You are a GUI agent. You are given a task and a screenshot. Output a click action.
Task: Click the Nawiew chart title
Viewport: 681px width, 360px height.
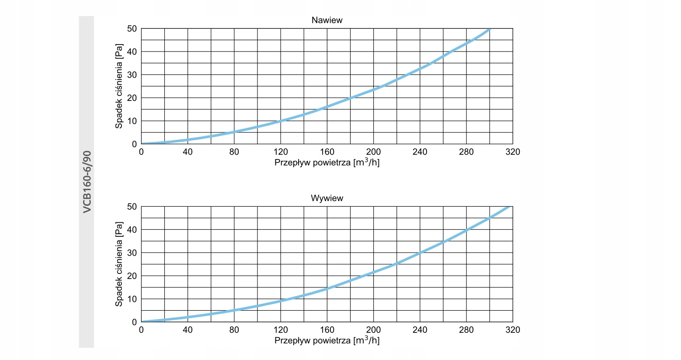(x=327, y=20)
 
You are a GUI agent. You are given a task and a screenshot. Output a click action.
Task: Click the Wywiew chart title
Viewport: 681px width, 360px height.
(x=327, y=198)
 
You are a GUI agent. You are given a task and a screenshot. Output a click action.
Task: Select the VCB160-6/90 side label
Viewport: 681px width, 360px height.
(x=87, y=182)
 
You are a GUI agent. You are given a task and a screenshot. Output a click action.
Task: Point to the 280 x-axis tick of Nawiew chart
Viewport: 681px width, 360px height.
(x=466, y=152)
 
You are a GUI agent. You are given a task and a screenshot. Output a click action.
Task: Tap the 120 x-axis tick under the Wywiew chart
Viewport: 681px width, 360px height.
(x=281, y=330)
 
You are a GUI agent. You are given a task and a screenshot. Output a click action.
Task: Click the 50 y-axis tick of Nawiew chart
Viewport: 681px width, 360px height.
(x=132, y=29)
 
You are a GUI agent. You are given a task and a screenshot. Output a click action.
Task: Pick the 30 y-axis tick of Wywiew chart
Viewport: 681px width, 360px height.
(x=132, y=253)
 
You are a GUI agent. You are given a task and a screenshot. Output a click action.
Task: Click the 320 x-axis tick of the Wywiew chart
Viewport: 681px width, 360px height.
(x=512, y=330)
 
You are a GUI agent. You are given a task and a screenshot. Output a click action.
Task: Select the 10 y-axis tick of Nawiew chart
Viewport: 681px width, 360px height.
(x=132, y=121)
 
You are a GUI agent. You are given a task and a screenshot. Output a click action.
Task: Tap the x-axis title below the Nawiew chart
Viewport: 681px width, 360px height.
(x=327, y=163)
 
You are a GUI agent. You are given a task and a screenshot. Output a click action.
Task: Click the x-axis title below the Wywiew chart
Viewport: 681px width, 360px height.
(x=327, y=340)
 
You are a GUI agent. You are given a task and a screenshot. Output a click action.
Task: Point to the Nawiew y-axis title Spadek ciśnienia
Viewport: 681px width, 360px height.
(x=119, y=86)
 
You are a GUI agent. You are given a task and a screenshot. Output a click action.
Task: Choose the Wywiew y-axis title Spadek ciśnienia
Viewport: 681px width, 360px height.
(x=119, y=264)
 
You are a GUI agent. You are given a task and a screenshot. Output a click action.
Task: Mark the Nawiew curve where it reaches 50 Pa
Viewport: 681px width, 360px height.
(x=490, y=29)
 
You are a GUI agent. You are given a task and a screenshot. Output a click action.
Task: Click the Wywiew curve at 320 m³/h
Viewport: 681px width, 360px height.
(x=510, y=207)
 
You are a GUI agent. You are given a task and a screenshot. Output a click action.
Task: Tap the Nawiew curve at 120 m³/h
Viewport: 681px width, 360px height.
(x=281, y=121)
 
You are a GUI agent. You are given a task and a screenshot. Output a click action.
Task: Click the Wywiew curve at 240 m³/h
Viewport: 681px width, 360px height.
(x=420, y=253)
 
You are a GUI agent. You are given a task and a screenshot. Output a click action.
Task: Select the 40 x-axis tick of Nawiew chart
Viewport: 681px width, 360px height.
(x=188, y=152)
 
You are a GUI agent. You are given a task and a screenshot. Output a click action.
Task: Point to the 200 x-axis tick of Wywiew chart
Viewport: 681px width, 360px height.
(x=373, y=330)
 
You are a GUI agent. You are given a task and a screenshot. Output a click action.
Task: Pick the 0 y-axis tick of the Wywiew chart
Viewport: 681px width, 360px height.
(x=134, y=322)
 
